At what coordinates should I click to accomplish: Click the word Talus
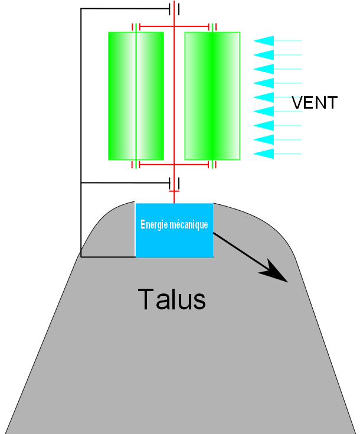click(172, 299)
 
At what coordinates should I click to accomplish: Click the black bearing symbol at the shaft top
click(174, 9)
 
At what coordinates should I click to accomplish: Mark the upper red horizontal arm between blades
click(174, 27)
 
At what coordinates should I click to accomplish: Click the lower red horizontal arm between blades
click(174, 165)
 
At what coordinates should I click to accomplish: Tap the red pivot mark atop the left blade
click(136, 27)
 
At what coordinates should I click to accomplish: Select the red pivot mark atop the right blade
click(212, 27)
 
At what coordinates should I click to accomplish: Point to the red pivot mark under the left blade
click(136, 165)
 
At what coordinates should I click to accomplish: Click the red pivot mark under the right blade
click(212, 165)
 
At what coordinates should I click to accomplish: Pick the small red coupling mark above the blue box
click(174, 192)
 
